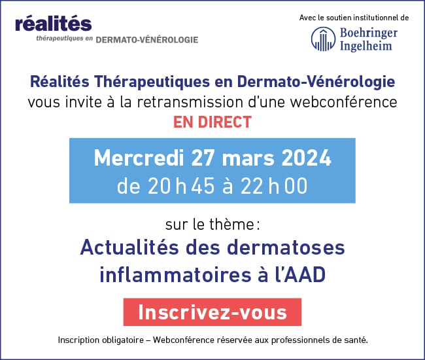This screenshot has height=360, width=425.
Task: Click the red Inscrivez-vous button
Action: click(212, 312)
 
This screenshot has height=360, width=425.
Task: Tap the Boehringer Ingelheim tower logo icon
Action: click(323, 39)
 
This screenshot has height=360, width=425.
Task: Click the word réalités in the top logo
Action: click(54, 24)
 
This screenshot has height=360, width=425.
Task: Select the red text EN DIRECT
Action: click(212, 122)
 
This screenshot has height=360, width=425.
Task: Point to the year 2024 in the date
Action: click(306, 158)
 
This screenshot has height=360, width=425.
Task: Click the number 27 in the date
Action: click(203, 158)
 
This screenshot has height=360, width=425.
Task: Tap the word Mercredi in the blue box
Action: click(139, 158)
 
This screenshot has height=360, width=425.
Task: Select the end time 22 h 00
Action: click(274, 186)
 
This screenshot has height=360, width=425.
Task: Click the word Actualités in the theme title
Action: click(129, 247)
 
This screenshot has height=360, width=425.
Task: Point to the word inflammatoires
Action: click(175, 274)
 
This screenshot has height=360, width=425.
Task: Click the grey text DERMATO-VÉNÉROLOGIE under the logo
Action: click(147, 40)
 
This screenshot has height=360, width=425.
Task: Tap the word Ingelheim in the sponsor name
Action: click(366, 46)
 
